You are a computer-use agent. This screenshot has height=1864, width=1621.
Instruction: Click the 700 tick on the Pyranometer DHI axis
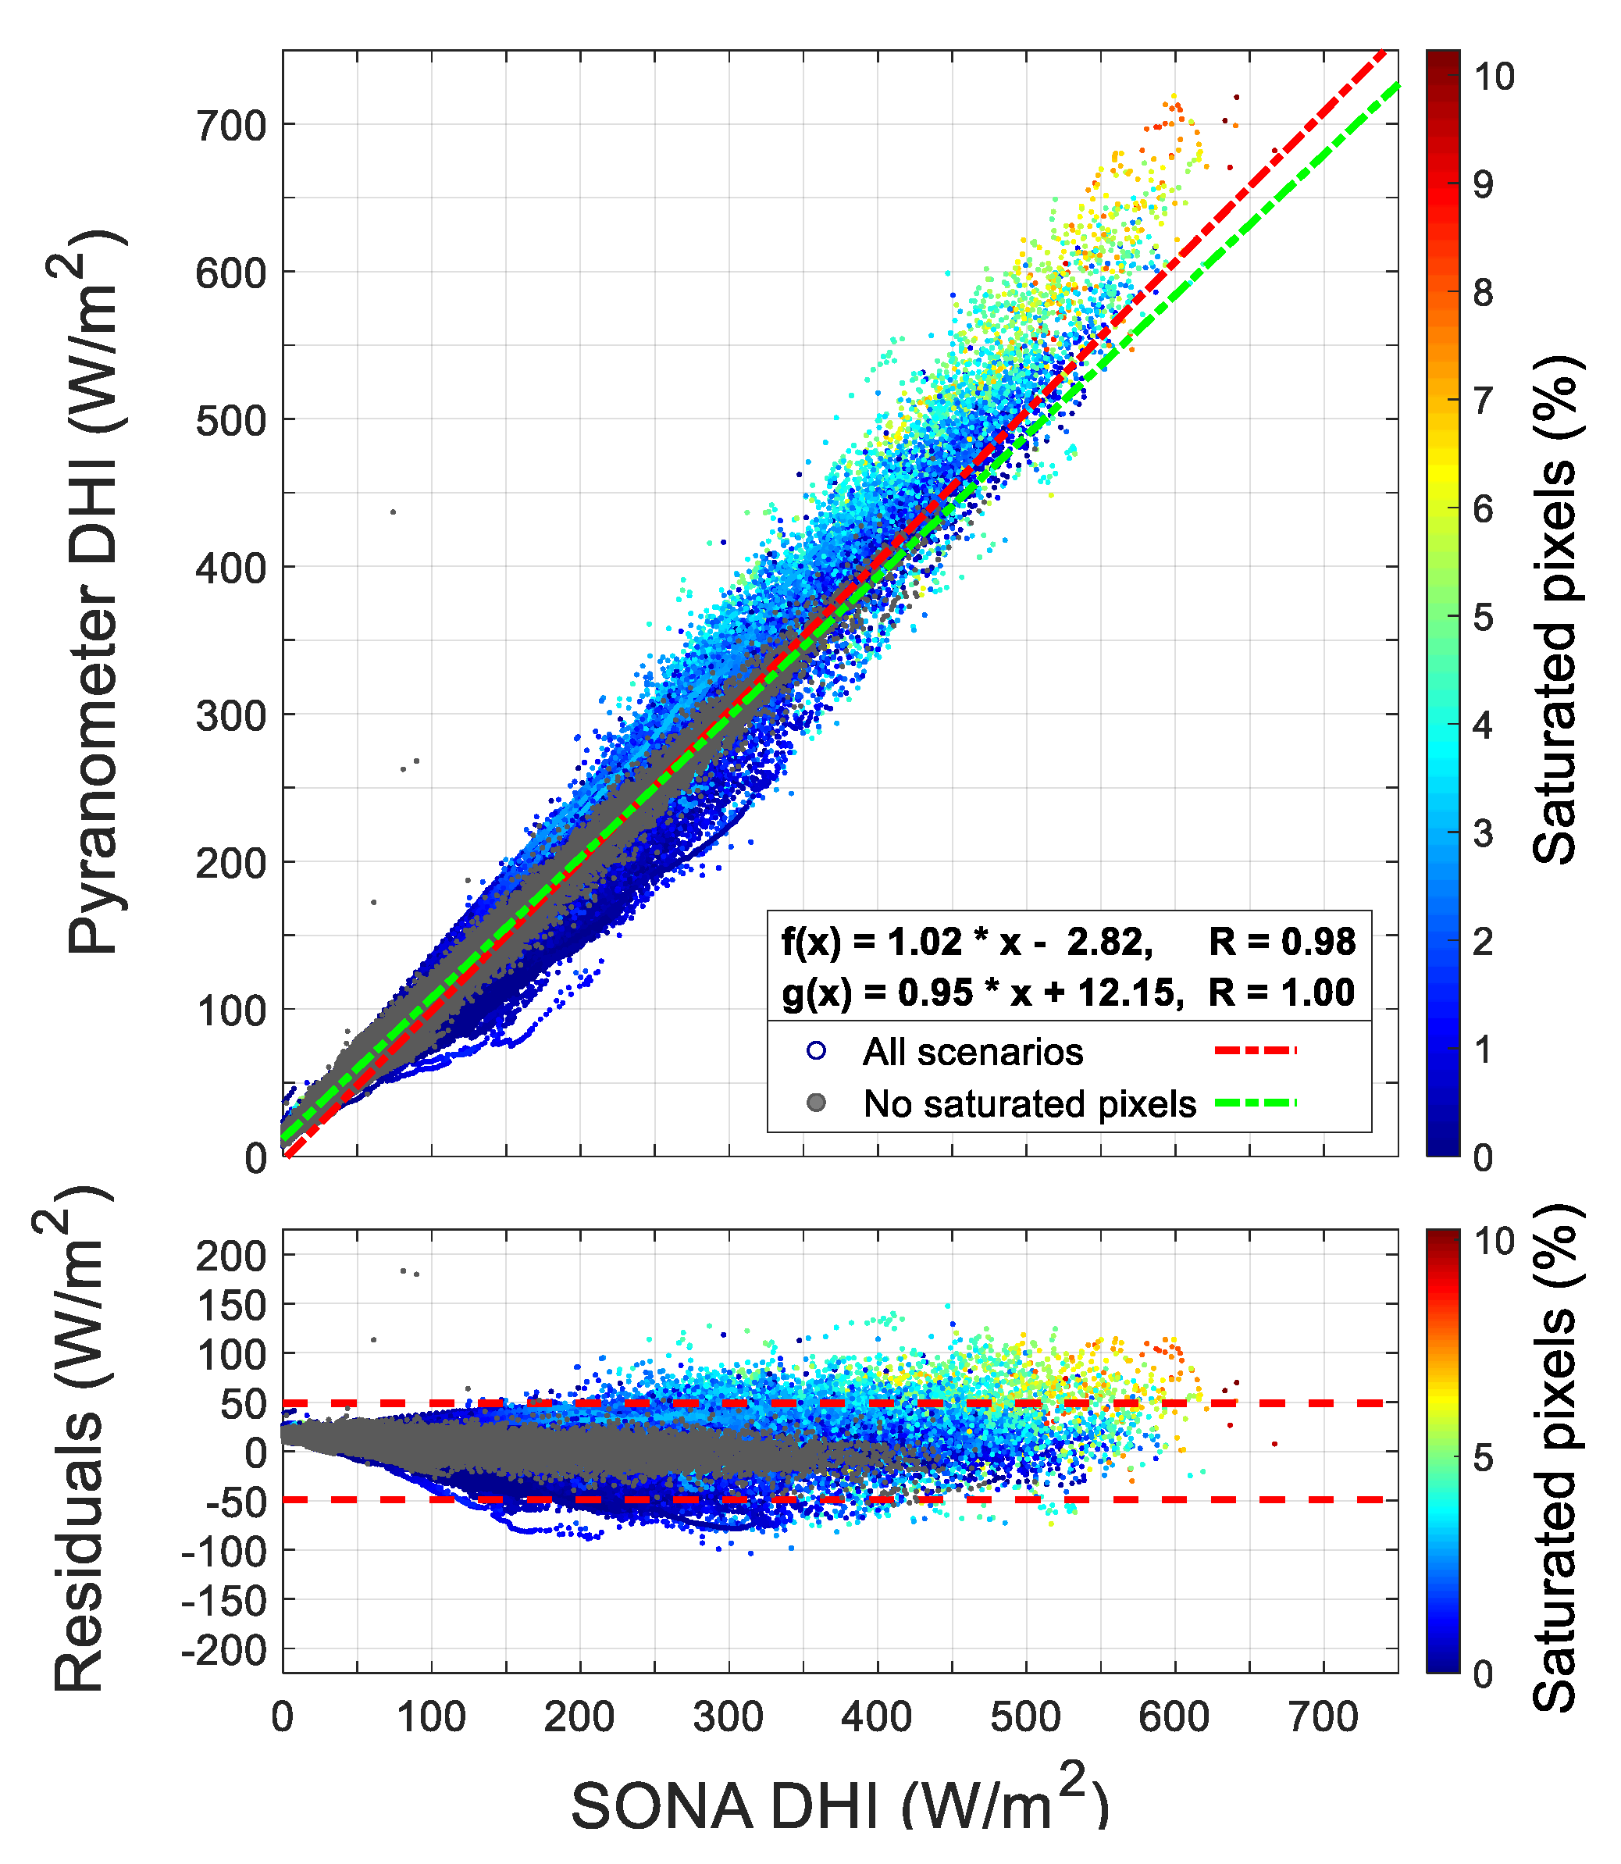click(232, 126)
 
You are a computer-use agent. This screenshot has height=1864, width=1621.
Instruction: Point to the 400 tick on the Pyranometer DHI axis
click(232, 568)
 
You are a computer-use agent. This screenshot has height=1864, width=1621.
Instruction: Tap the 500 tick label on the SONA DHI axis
click(1025, 1717)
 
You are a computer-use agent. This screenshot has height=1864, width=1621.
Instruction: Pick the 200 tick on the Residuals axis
click(232, 1256)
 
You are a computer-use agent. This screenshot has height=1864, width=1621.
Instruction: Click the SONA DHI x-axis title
click(839, 1805)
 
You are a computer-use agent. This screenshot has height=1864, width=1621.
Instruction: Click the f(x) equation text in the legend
click(966, 943)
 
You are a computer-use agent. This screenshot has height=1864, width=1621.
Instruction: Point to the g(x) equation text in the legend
click(982, 993)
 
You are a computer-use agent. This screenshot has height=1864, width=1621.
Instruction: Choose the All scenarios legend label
click(972, 1052)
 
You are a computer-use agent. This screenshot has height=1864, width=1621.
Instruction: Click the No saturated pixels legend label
click(1029, 1104)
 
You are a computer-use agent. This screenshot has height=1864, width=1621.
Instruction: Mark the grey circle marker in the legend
click(816, 1103)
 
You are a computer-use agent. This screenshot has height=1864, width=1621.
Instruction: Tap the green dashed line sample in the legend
click(1256, 1103)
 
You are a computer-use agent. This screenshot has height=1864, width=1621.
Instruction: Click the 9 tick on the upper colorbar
click(1483, 184)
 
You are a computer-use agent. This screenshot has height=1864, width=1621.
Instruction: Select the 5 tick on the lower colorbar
click(1483, 1458)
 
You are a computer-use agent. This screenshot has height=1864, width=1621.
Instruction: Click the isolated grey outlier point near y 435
click(393, 512)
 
